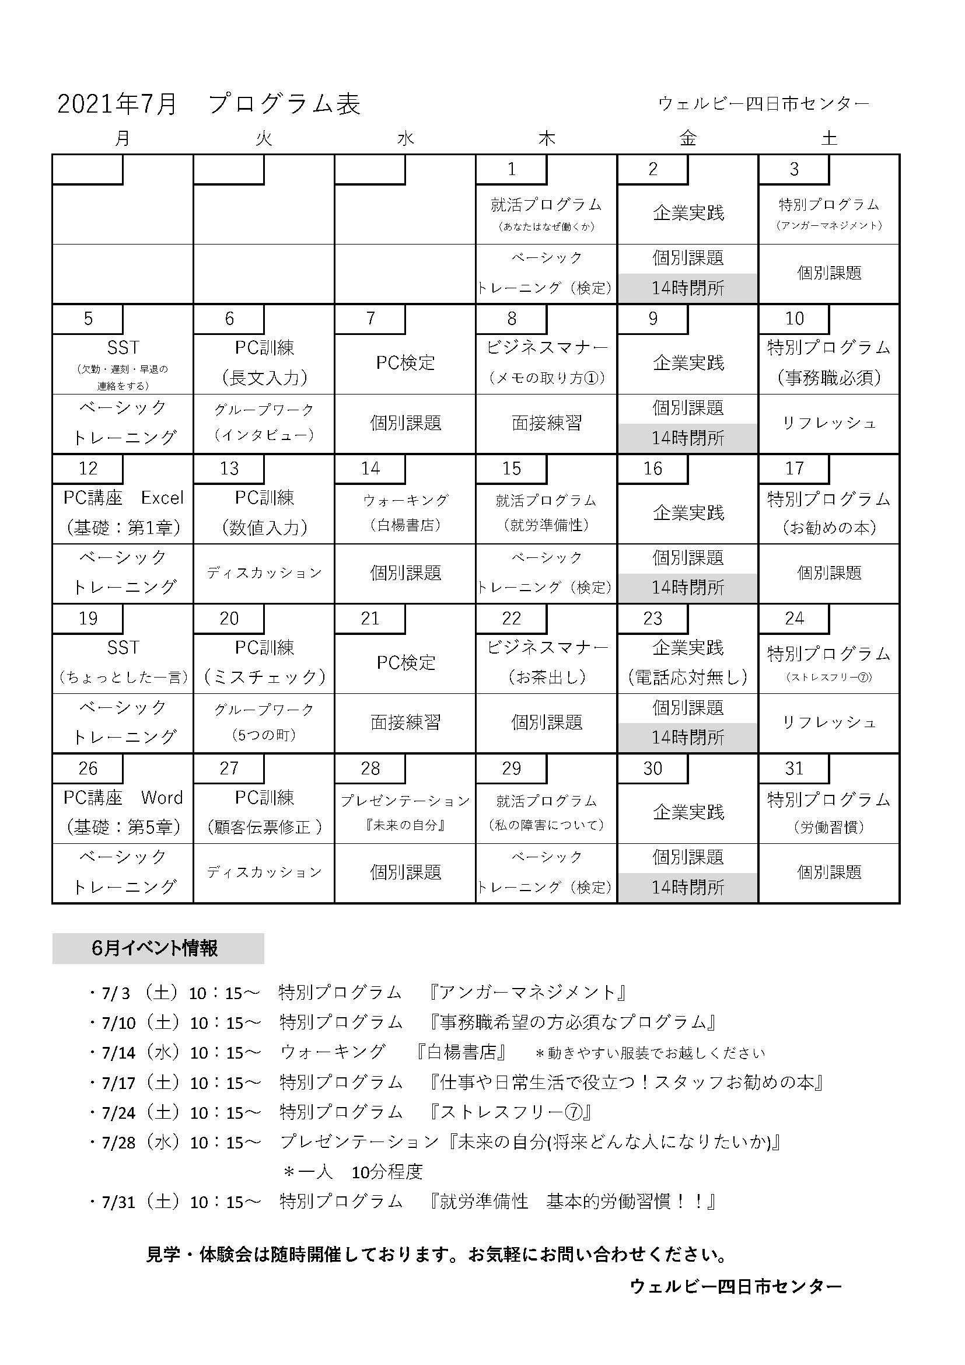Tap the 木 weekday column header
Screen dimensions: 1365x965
pos(546,138)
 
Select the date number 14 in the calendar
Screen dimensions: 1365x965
pos(370,469)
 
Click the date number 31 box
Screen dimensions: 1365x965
pos(794,768)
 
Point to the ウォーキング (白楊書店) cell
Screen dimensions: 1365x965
pos(405,512)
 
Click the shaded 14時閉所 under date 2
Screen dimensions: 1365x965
pos(687,288)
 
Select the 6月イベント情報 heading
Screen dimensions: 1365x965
pos(156,948)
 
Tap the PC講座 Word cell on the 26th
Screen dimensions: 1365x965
pos(123,812)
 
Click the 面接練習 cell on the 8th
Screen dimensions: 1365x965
pos(547,423)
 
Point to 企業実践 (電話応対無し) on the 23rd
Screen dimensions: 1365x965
pos(687,662)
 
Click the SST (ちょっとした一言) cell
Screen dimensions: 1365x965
pos(123,662)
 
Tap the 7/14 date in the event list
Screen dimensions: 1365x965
pos(118,1052)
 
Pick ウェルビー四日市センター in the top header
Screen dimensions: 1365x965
pos(763,103)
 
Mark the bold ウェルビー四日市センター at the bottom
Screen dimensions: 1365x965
pos(736,1286)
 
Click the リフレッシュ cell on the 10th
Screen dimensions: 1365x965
pos(829,423)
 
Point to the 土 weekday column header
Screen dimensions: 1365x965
pos(829,138)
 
